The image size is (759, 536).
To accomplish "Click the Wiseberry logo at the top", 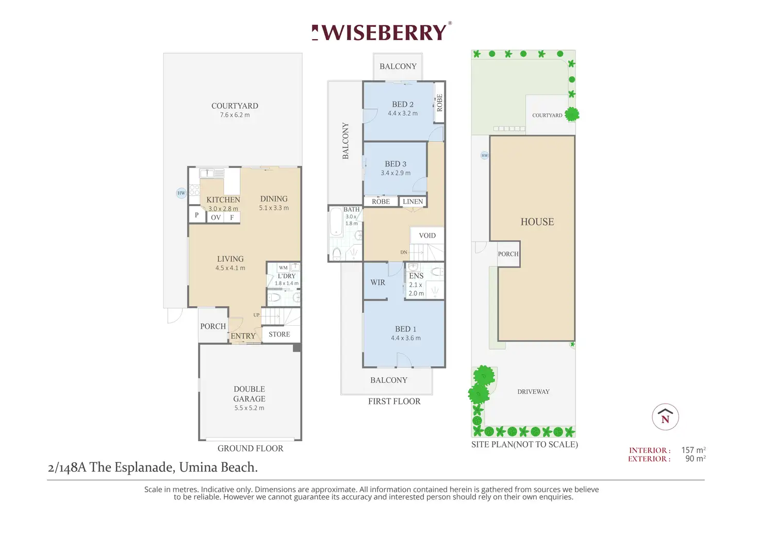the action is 382,32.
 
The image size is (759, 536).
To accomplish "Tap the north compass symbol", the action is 665,417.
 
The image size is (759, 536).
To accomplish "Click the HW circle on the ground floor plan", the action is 181,193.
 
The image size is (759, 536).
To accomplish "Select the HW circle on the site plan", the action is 484,155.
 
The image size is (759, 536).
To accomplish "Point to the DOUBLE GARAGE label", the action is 250,394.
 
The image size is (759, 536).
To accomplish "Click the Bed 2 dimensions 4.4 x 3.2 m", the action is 403,113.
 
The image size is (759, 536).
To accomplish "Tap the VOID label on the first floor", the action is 427,236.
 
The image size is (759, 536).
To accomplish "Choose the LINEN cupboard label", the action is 412,202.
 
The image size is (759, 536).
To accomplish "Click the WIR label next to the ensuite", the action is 377,282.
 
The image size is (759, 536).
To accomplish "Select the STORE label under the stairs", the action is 279,334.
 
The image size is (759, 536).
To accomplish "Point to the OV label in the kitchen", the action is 216,217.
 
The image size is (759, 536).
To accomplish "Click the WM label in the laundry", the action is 283,267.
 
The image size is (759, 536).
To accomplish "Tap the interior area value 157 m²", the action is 693,450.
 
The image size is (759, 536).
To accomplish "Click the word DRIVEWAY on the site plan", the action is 533,392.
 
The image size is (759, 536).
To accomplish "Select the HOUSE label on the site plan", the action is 537,222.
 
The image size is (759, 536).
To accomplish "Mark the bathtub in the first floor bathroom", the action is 336,222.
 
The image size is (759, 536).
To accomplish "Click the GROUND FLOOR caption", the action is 250,448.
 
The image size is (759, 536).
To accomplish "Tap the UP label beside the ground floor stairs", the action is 256,315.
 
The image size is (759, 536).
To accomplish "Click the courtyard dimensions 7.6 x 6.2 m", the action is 235,115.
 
